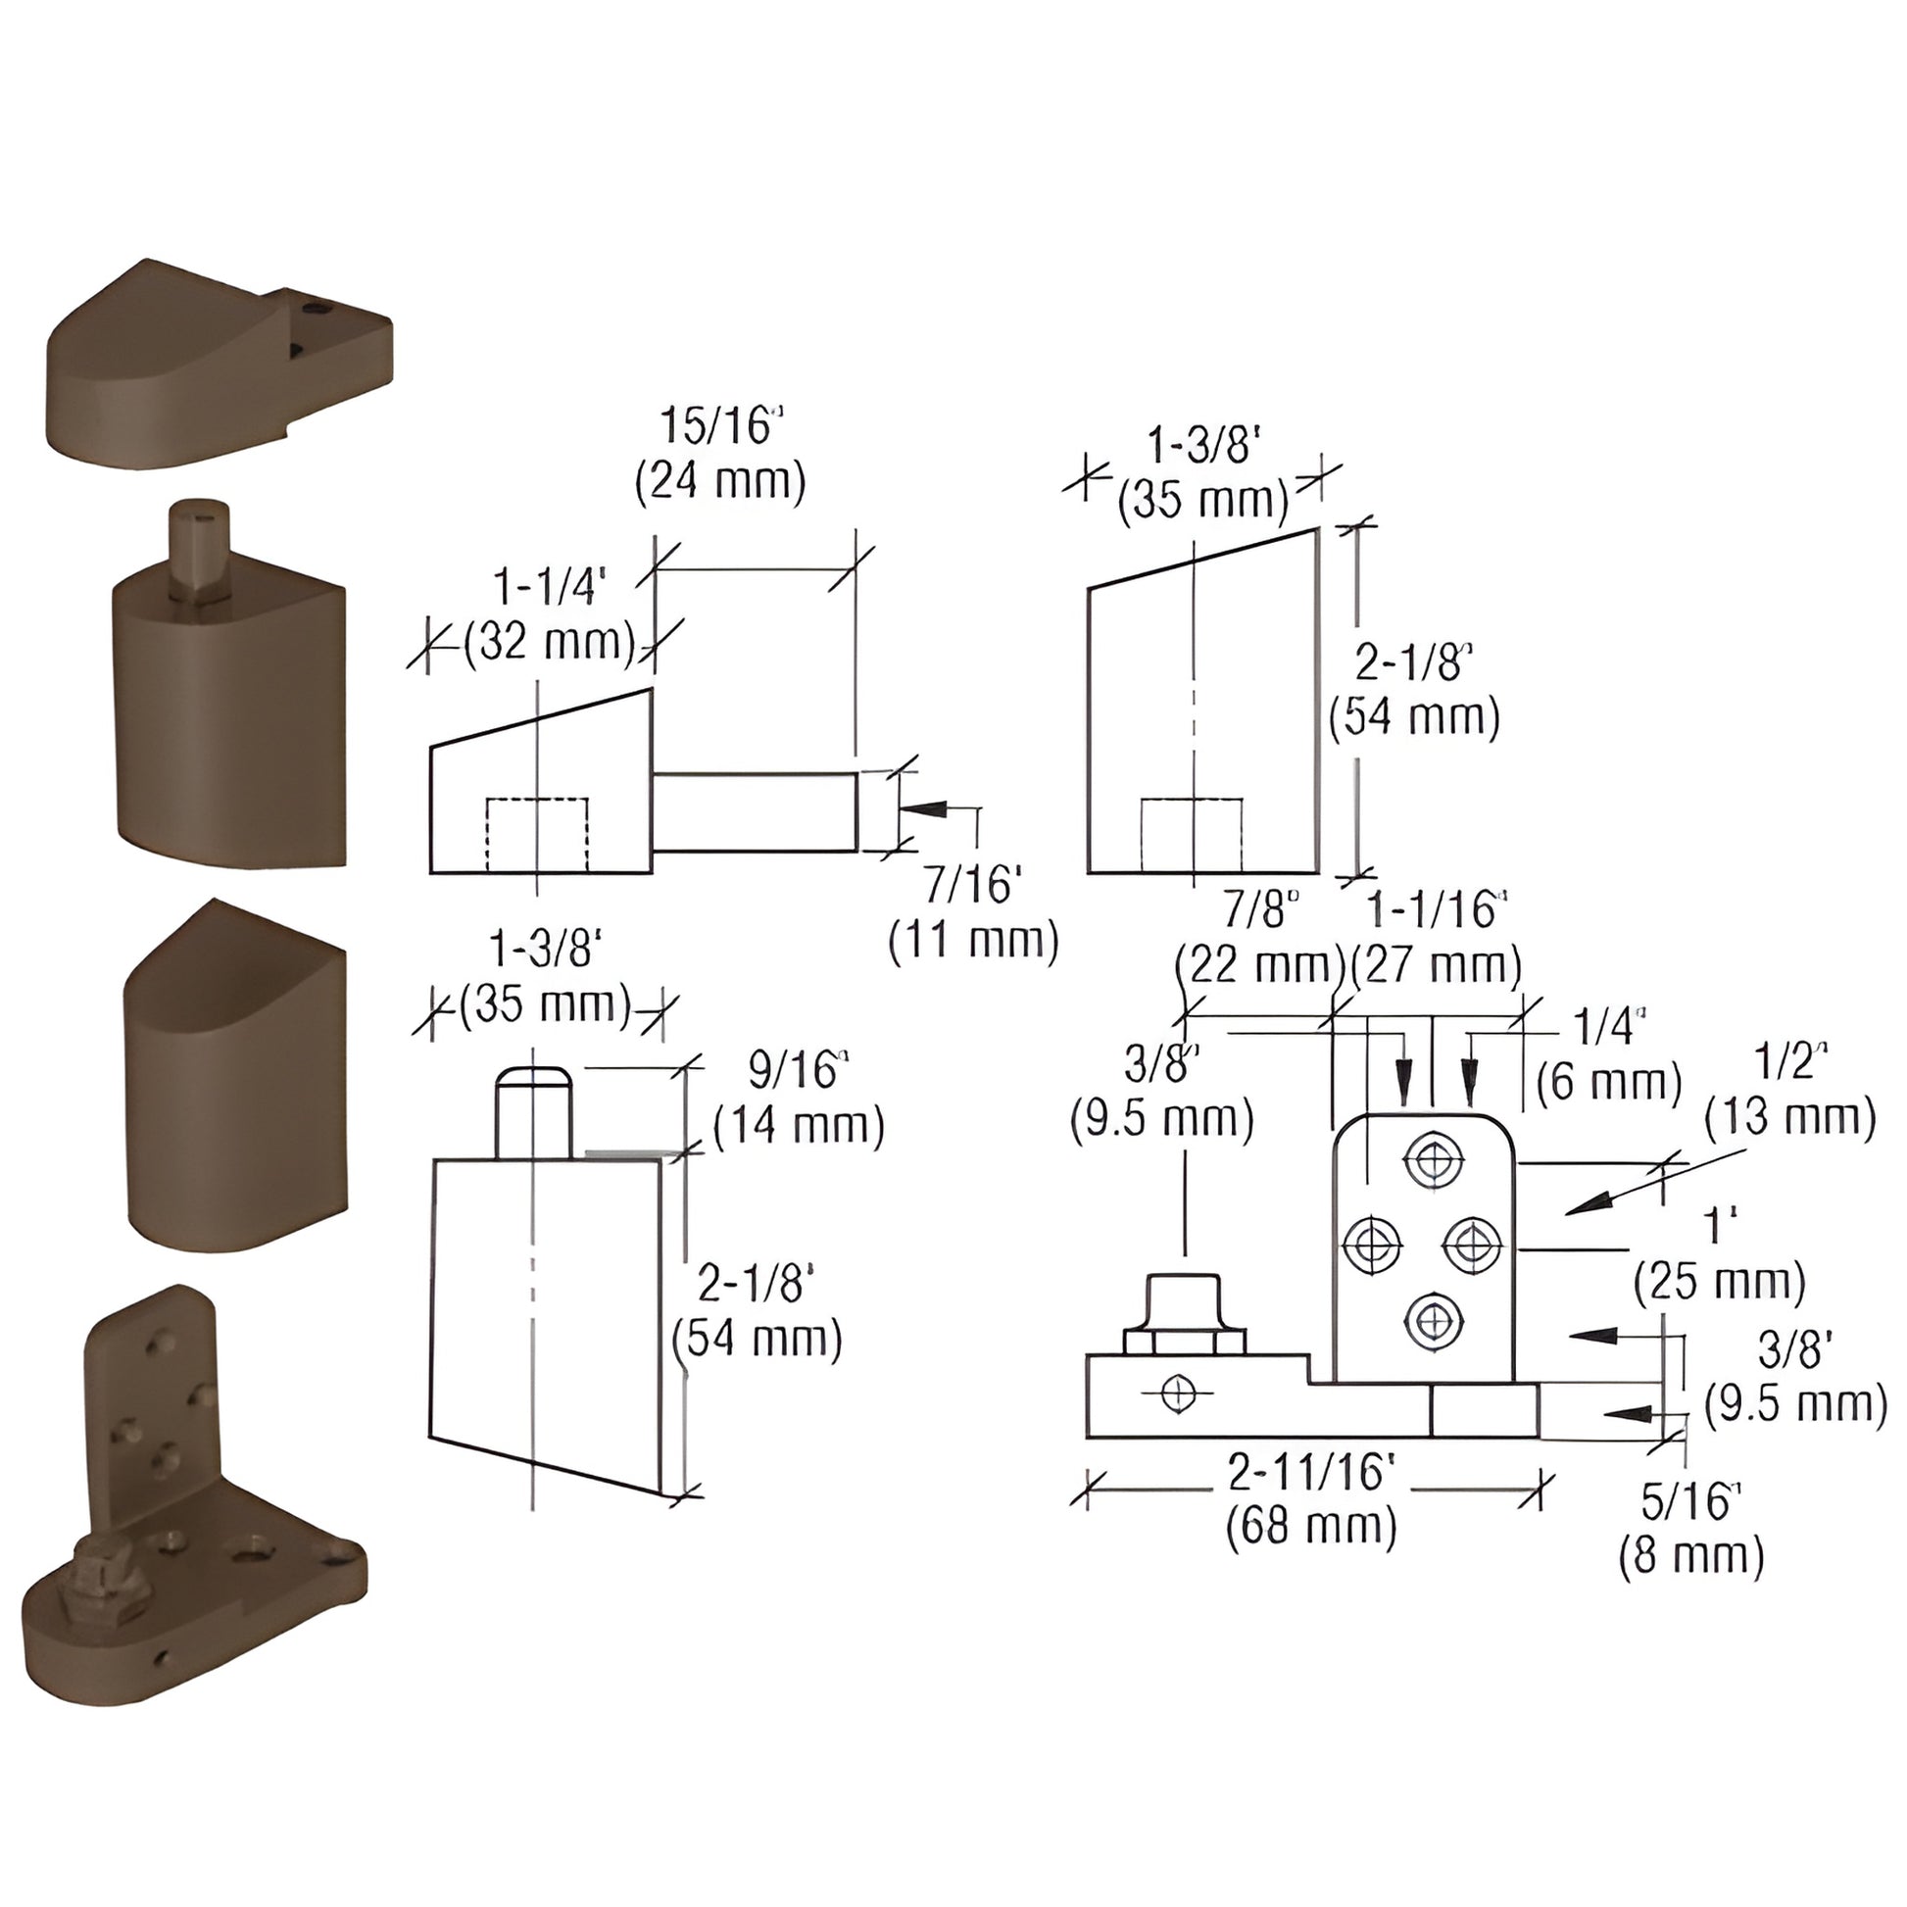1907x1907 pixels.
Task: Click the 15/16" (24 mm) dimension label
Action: pyautogui.click(x=720, y=454)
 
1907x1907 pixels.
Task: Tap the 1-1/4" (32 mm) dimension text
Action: pyautogui.click(x=549, y=616)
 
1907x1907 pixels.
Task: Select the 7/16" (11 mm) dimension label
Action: pyautogui.click(x=973, y=912)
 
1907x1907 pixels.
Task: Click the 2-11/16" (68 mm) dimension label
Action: pyautogui.click(x=1311, y=1500)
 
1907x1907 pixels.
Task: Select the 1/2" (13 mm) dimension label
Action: pyautogui.click(x=1789, y=1091)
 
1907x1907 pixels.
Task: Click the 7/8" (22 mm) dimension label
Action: pyautogui.click(x=1259, y=938)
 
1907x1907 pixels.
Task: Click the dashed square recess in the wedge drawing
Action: pyautogui.click(x=537, y=835)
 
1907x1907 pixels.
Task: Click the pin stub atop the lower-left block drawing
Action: pyautogui.click(x=533, y=1111)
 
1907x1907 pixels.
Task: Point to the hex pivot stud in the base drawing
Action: pyautogui.click(x=1185, y=1314)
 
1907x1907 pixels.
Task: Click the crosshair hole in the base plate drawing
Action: pyautogui.click(x=1178, y=1394)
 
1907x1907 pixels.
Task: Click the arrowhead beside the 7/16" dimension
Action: pyautogui.click(x=922, y=808)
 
